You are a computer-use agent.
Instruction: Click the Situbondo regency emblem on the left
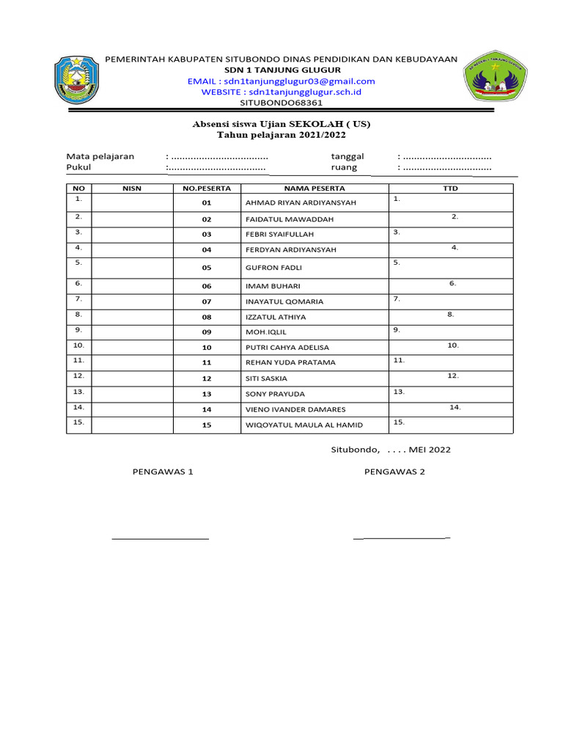pyautogui.click(x=77, y=81)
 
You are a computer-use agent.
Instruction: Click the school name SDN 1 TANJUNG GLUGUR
pyautogui.click(x=281, y=70)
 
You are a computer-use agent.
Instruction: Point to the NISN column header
pyautogui.click(x=132, y=188)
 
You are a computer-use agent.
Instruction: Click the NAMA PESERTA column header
pyautogui.click(x=314, y=188)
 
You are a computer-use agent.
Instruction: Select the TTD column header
pyautogui.click(x=450, y=188)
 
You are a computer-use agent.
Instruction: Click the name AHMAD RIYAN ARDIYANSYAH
pyautogui.click(x=290, y=202)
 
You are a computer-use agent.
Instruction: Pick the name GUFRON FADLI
pyautogui.click(x=273, y=268)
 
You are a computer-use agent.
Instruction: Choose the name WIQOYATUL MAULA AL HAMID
pyautogui.click(x=303, y=425)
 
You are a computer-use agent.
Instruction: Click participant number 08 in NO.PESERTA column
pyautogui.click(x=207, y=318)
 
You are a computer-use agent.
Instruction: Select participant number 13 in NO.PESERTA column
pyautogui.click(x=207, y=394)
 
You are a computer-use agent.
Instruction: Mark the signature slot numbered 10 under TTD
pyautogui.click(x=453, y=345)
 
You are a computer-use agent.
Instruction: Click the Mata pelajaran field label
pyautogui.click(x=100, y=156)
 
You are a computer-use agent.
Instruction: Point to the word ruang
pyautogui.click(x=344, y=167)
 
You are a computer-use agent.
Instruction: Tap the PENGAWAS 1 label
pyautogui.click(x=162, y=472)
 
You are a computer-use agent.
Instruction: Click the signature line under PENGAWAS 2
pyautogui.click(x=402, y=538)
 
